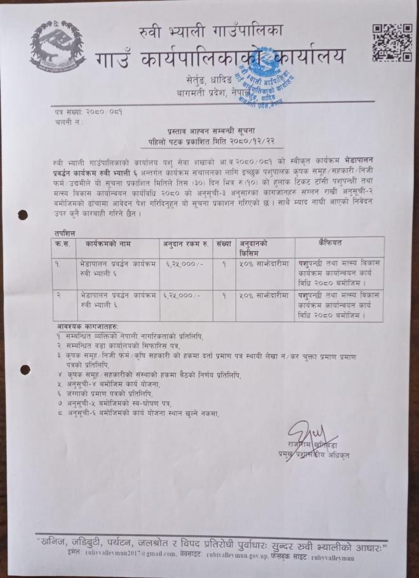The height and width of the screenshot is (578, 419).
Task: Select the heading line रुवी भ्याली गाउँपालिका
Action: pyautogui.click(x=211, y=29)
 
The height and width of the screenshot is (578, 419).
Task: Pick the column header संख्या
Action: pyautogui.click(x=223, y=243)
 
